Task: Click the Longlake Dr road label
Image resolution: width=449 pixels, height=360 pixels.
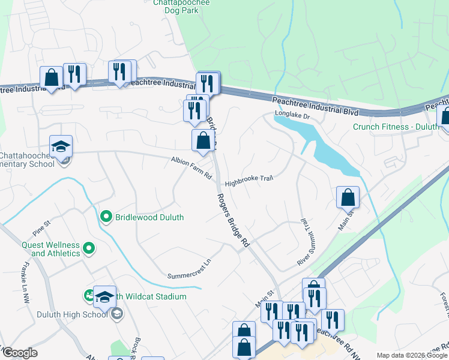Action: [x=291, y=113]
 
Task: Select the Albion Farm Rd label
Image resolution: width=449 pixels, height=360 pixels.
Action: [x=192, y=168]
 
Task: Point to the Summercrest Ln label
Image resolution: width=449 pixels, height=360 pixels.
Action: [x=190, y=269]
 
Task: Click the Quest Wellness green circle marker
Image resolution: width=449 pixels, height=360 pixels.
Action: [x=89, y=247]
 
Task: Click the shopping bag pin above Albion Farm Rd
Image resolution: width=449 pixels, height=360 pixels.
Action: [x=203, y=142]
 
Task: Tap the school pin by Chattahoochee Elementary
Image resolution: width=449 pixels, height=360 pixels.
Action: [x=61, y=146]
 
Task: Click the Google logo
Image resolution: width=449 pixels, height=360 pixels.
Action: [x=19, y=353]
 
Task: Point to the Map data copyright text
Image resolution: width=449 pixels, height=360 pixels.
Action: [x=411, y=355]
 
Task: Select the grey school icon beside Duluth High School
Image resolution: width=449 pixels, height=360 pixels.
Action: [x=118, y=313]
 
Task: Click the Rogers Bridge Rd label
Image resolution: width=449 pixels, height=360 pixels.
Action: [x=232, y=220]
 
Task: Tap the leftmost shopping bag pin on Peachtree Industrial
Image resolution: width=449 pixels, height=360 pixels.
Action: [x=52, y=77]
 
